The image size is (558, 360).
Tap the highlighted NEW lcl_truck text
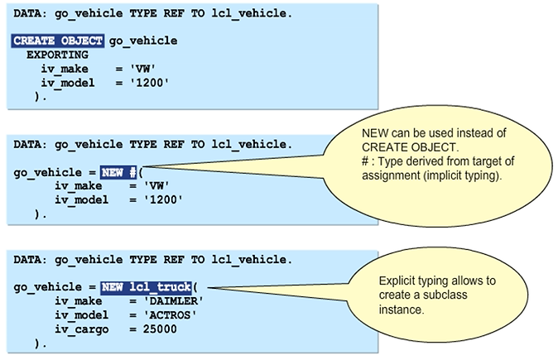(145, 287)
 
